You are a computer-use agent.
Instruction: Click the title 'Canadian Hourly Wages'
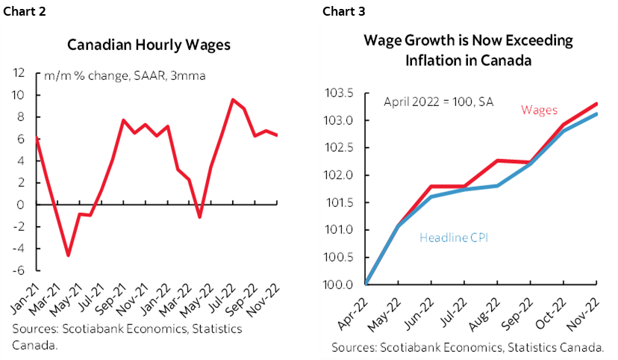click(149, 45)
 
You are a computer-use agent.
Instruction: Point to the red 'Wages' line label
click(539, 110)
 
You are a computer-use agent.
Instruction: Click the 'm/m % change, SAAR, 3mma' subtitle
click(125, 76)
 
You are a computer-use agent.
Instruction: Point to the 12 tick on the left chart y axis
click(20, 73)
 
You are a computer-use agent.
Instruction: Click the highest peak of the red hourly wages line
click(232, 99)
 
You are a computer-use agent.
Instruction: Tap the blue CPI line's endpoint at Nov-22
click(596, 114)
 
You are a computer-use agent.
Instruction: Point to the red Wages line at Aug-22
click(497, 160)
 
